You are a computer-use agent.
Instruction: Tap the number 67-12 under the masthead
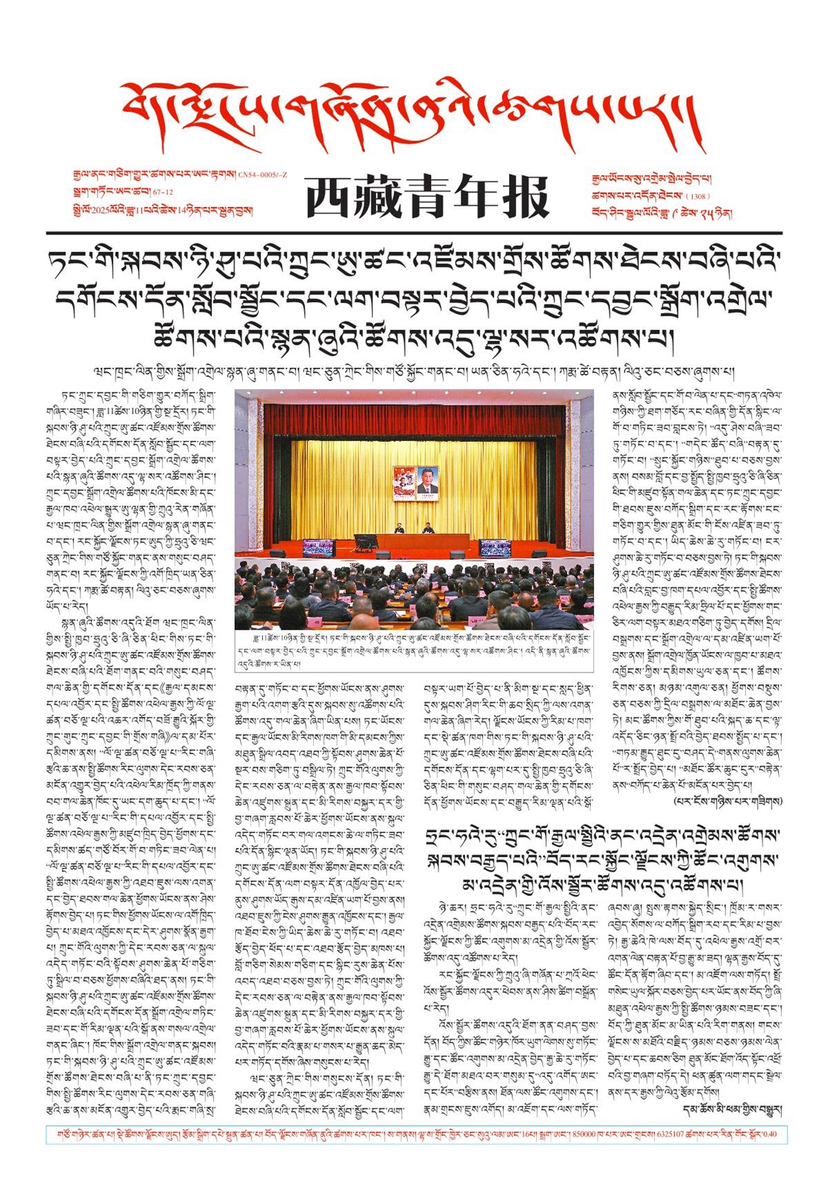click(x=163, y=192)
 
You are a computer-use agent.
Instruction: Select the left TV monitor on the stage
click(x=318, y=547)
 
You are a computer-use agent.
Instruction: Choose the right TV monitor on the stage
click(x=497, y=547)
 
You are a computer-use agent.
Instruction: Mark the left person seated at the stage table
click(x=399, y=529)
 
